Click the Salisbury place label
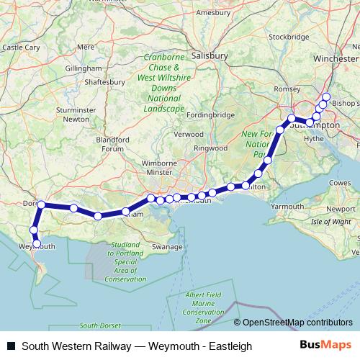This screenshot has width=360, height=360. click(x=210, y=55)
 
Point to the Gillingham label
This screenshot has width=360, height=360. click(x=81, y=68)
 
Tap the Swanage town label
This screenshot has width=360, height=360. click(x=168, y=246)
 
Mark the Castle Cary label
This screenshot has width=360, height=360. click(x=21, y=48)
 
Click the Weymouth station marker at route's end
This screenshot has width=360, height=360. click(x=37, y=243)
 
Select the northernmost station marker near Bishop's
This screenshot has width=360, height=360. click(x=326, y=96)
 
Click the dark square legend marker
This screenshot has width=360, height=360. click(x=10, y=346)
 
